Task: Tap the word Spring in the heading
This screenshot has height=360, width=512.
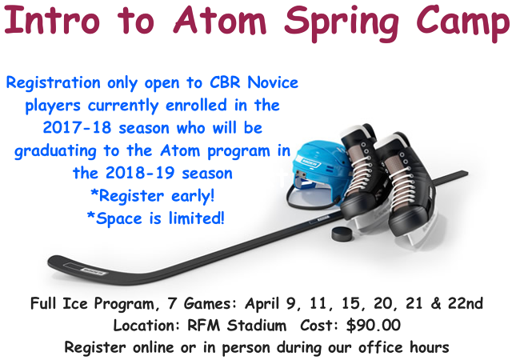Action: pos(342,22)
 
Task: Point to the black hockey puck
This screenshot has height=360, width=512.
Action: pos(342,233)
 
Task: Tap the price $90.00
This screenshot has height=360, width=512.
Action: pos(374,325)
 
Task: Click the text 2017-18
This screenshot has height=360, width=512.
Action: pos(77,128)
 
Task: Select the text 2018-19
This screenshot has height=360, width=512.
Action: pos(141,173)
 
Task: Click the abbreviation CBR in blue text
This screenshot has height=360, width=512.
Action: pos(224,82)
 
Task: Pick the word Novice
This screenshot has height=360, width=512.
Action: pos(273,82)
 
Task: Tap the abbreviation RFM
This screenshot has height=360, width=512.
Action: pos(203,326)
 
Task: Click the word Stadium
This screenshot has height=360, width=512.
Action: pos(257,326)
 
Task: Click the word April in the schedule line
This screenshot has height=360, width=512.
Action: pos(263,304)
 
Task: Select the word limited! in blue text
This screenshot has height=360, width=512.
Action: pos(197,218)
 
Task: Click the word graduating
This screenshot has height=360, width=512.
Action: pos(55,151)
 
